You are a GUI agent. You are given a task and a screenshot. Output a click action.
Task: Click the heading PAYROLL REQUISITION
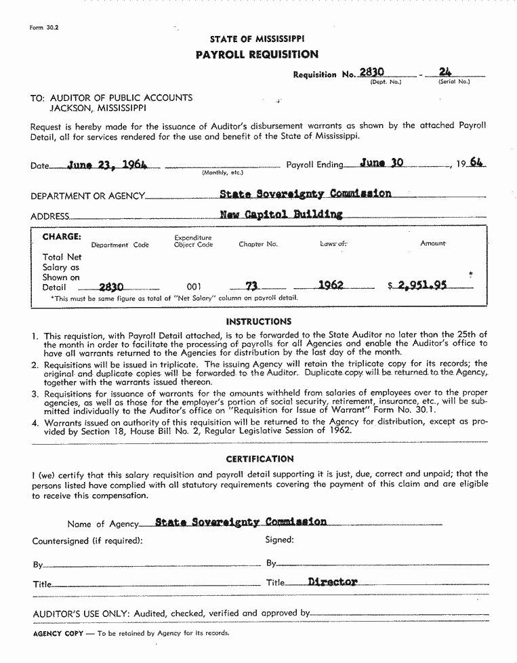(x=257, y=54)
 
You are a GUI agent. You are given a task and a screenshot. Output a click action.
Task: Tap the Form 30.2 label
(x=44, y=28)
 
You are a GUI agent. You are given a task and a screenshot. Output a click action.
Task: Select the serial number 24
(x=445, y=71)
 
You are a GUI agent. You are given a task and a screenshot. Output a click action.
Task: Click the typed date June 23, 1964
(x=108, y=164)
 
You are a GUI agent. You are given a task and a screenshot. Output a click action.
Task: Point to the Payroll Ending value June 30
(x=381, y=163)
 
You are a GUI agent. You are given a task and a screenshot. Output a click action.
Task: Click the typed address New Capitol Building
(x=281, y=214)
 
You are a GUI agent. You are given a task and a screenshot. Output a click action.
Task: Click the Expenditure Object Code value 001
(x=193, y=287)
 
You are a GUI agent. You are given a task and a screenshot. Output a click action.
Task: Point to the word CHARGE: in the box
(x=62, y=237)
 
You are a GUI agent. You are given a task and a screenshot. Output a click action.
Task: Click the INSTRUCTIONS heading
(x=259, y=321)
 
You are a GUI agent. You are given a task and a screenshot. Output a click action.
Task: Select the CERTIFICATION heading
(x=260, y=459)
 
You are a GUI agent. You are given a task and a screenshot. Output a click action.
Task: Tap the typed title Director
(x=332, y=582)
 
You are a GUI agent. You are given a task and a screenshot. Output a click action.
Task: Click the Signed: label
(x=279, y=540)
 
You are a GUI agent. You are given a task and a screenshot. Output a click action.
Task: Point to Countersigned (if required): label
(x=87, y=541)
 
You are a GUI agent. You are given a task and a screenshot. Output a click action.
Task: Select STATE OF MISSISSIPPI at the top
(x=257, y=39)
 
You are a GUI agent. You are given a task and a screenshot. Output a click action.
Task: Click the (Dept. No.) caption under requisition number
(x=386, y=82)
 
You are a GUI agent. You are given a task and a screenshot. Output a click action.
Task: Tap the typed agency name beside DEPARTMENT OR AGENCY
(x=305, y=194)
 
